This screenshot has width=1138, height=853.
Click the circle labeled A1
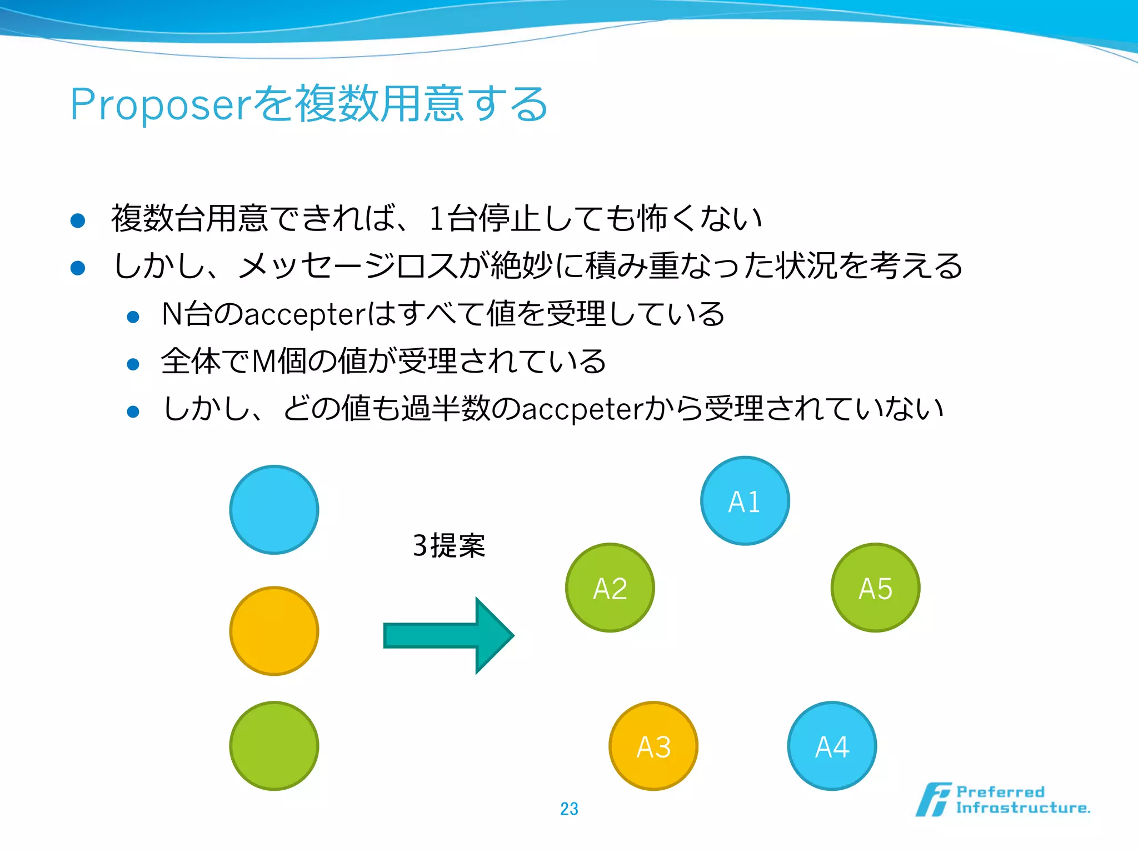coord(745,501)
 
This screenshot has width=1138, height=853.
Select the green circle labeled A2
coord(610,588)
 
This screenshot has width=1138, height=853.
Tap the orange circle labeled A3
coord(653,746)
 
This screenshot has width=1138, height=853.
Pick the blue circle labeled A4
coord(832,746)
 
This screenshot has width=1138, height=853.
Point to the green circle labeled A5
coord(875,588)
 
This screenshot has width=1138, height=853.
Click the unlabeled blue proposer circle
coord(274,510)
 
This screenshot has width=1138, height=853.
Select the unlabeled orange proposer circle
coord(274,631)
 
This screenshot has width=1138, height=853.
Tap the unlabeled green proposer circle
coord(274,746)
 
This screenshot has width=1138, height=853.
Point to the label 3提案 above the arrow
coord(449,545)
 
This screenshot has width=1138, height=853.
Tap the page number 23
coord(569,809)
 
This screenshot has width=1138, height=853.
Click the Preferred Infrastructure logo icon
coord(934,800)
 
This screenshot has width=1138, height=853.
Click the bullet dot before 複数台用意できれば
coord(78,221)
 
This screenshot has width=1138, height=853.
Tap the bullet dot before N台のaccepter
coord(133,317)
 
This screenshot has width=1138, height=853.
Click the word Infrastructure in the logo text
coord(1022,808)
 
